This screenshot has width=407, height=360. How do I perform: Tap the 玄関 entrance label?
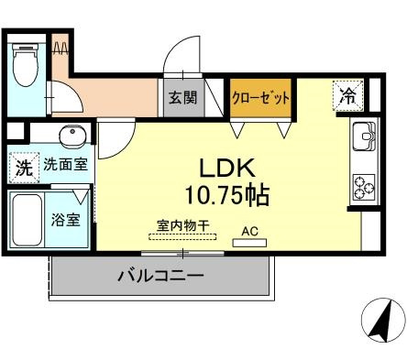181,95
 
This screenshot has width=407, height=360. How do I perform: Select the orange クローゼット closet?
260,97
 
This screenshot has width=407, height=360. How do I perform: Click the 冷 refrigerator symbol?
347,93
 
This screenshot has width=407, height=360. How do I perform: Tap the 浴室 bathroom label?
65,220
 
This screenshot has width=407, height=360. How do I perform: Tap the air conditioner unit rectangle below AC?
250,243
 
